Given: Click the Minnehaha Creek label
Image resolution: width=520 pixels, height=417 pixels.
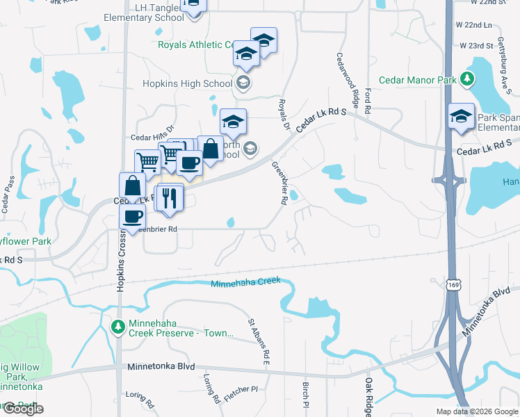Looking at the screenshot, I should pyautogui.click(x=245, y=282).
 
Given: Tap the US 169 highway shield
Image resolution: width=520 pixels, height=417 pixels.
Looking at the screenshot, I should pyautogui.click(x=453, y=285).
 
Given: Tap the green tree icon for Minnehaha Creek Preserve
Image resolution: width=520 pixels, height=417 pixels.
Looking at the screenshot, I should pyautogui.click(x=118, y=326).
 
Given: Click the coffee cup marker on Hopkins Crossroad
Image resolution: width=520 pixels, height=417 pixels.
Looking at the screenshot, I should pyautogui.click(x=132, y=216).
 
